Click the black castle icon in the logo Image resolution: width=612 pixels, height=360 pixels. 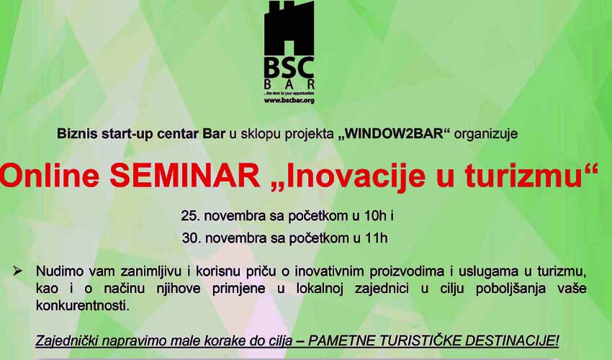pos(289,28)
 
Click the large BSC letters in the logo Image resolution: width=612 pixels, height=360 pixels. pos(289,68)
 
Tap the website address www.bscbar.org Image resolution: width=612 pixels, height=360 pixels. pos(289,101)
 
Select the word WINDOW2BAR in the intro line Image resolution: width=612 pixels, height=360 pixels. pos(395,133)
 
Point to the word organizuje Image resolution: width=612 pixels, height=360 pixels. pos(486,134)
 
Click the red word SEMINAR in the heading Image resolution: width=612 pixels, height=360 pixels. pos(184,175)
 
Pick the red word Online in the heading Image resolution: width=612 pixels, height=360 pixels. pos(49,175)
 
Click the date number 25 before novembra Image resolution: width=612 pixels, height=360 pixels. pos(189,216)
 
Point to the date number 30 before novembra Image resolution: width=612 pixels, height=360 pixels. pos(189,238)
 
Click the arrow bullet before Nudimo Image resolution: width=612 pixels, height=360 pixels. pos(17,271)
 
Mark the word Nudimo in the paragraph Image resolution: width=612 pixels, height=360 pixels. pos(59,271)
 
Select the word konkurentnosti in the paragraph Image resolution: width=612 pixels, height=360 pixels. pos(81,305)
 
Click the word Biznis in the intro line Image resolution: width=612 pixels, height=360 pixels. pos(77,133)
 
